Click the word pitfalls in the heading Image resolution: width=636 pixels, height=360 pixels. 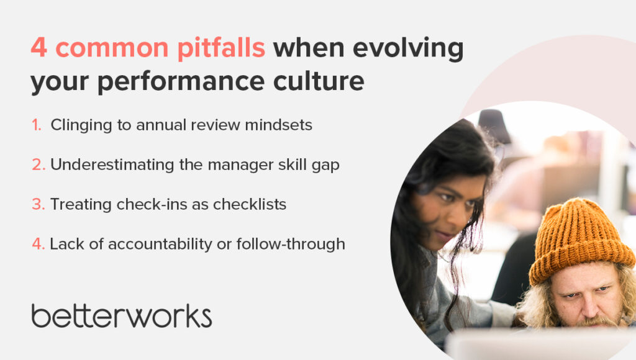click(221, 48)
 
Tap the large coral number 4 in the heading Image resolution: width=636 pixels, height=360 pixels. click(39, 47)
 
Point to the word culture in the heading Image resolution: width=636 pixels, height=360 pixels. click(319, 81)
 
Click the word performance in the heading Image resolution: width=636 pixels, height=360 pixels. click(181, 82)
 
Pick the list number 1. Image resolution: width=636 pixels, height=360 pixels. click(37, 125)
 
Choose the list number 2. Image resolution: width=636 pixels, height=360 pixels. click(39, 164)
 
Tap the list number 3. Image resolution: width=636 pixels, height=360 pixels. click(39, 204)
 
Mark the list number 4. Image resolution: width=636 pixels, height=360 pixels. click(39, 244)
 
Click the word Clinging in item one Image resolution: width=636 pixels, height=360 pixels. click(81, 125)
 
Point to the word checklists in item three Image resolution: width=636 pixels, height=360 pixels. click(250, 204)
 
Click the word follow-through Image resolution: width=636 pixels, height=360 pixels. click(291, 245)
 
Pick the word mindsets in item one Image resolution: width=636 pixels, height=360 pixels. click(279, 125)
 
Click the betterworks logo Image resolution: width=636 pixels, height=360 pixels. click(122, 316)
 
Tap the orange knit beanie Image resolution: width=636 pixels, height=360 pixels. click(580, 239)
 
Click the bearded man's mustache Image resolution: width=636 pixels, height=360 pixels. click(596, 322)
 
